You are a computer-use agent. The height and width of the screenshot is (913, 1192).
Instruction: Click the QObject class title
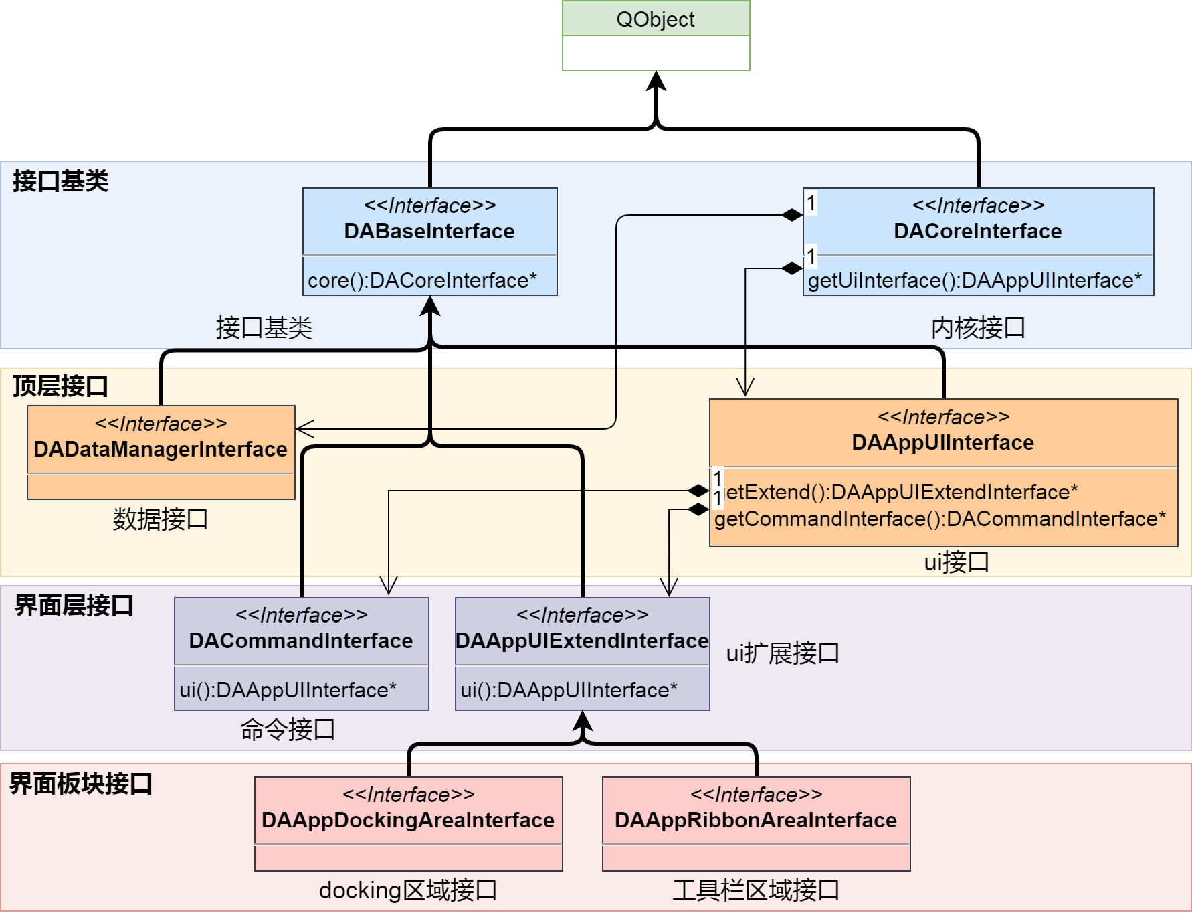click(655, 19)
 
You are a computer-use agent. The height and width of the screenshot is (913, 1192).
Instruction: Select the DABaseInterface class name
click(429, 231)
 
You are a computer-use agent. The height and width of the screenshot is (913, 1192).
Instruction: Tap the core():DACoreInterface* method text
click(422, 280)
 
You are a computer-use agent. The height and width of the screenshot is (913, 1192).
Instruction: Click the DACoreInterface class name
click(977, 231)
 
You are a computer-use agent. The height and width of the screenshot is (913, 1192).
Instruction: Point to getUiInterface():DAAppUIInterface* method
click(975, 280)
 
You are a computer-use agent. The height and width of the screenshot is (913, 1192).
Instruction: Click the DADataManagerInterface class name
click(161, 449)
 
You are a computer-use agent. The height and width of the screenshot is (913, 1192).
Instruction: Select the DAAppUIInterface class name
click(942, 442)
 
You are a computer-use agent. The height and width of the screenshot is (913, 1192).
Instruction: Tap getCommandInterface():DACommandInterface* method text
click(940, 519)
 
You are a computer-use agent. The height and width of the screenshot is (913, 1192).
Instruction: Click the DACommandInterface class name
click(301, 641)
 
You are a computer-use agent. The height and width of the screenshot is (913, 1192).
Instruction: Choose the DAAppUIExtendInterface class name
click(582, 641)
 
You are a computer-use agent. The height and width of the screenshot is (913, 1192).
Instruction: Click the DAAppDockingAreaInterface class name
click(408, 820)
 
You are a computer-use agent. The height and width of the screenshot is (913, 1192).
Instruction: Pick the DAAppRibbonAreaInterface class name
click(756, 820)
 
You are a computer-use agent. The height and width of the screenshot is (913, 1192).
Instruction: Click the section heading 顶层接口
click(60, 386)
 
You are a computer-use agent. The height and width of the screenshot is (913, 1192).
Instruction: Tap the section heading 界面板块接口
click(80, 783)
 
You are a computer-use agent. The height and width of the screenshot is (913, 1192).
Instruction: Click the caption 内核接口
click(978, 328)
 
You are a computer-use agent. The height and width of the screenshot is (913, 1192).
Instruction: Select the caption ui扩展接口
click(783, 653)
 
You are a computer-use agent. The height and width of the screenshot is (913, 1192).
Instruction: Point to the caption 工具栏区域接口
click(756, 890)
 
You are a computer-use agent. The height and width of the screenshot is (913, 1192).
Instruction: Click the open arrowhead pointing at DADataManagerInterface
click(304, 429)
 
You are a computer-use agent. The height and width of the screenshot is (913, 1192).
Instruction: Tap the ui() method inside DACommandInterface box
click(288, 690)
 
